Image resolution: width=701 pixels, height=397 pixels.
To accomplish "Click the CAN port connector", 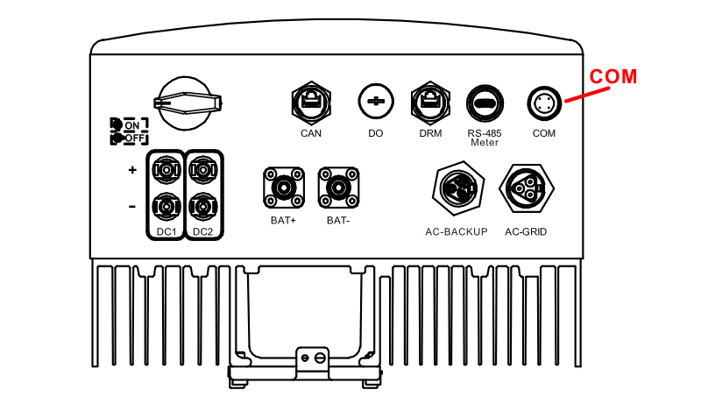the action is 311,103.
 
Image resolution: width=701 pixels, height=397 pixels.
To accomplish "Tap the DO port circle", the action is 376,102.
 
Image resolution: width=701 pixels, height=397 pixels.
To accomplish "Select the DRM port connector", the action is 430,103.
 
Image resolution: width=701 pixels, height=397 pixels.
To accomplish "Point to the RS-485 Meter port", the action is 485,103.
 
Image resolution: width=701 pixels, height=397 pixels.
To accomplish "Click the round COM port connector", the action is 544,103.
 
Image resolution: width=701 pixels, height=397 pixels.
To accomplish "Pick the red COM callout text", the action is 613,76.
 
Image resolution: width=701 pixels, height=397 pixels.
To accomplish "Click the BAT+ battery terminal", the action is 284,188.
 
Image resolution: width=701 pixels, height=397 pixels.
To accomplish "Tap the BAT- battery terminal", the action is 338,188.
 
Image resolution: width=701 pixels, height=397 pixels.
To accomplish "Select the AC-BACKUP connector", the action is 458,188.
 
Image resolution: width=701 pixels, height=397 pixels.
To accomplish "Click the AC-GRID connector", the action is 527,188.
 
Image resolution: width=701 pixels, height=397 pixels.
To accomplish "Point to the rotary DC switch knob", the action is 186,103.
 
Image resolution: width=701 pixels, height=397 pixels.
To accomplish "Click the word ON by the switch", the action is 132,125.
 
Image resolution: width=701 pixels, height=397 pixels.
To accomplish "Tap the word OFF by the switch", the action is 134,138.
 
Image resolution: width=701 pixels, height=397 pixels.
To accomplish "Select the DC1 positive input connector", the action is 166,170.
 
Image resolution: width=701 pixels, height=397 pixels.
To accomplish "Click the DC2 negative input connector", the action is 203,207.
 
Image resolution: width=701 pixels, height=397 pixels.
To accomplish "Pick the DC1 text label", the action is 166,232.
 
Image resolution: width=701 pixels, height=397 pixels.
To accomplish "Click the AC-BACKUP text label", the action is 457,231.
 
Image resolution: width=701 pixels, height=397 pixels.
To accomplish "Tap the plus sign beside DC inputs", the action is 132,170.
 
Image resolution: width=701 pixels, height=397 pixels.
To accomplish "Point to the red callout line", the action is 587,95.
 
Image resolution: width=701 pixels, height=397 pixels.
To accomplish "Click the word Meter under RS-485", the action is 485,143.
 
